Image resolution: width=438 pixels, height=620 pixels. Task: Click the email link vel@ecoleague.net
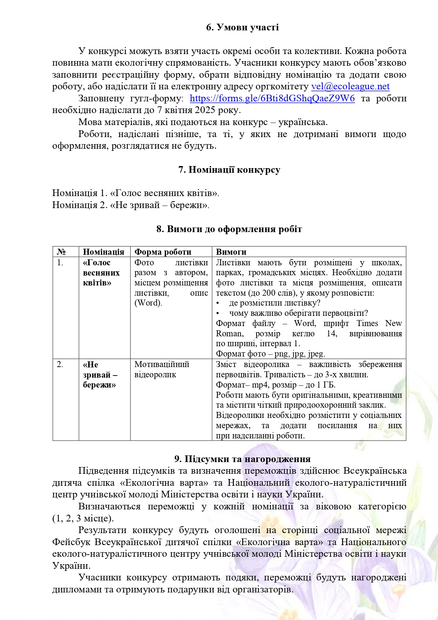click(x=350, y=87)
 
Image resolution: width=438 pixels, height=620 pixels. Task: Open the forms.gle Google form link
click(x=272, y=99)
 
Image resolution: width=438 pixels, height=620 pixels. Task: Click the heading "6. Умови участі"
click(x=242, y=27)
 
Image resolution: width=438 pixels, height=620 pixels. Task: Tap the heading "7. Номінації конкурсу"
click(x=229, y=170)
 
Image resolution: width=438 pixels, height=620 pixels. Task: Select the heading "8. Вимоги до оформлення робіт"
click(x=229, y=229)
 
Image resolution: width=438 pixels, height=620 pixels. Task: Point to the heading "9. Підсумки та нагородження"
click(x=242, y=459)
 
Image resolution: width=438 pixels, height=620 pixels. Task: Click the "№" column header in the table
click(x=61, y=252)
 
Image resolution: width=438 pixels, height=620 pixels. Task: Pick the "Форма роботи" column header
click(x=163, y=252)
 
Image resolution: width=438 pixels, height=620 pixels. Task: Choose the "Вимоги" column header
click(x=231, y=252)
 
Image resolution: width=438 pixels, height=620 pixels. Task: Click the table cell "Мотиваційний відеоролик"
click(x=162, y=370)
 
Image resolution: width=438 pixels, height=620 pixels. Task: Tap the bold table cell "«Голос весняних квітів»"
click(x=101, y=273)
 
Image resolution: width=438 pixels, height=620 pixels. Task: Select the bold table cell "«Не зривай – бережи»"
click(x=100, y=375)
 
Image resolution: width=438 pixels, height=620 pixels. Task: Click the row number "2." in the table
click(x=60, y=365)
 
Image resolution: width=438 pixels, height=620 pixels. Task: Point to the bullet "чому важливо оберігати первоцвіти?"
click(x=298, y=313)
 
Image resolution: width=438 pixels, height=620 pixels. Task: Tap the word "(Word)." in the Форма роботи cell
click(x=148, y=303)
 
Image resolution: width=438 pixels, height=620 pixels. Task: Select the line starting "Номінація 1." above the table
click(x=136, y=193)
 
